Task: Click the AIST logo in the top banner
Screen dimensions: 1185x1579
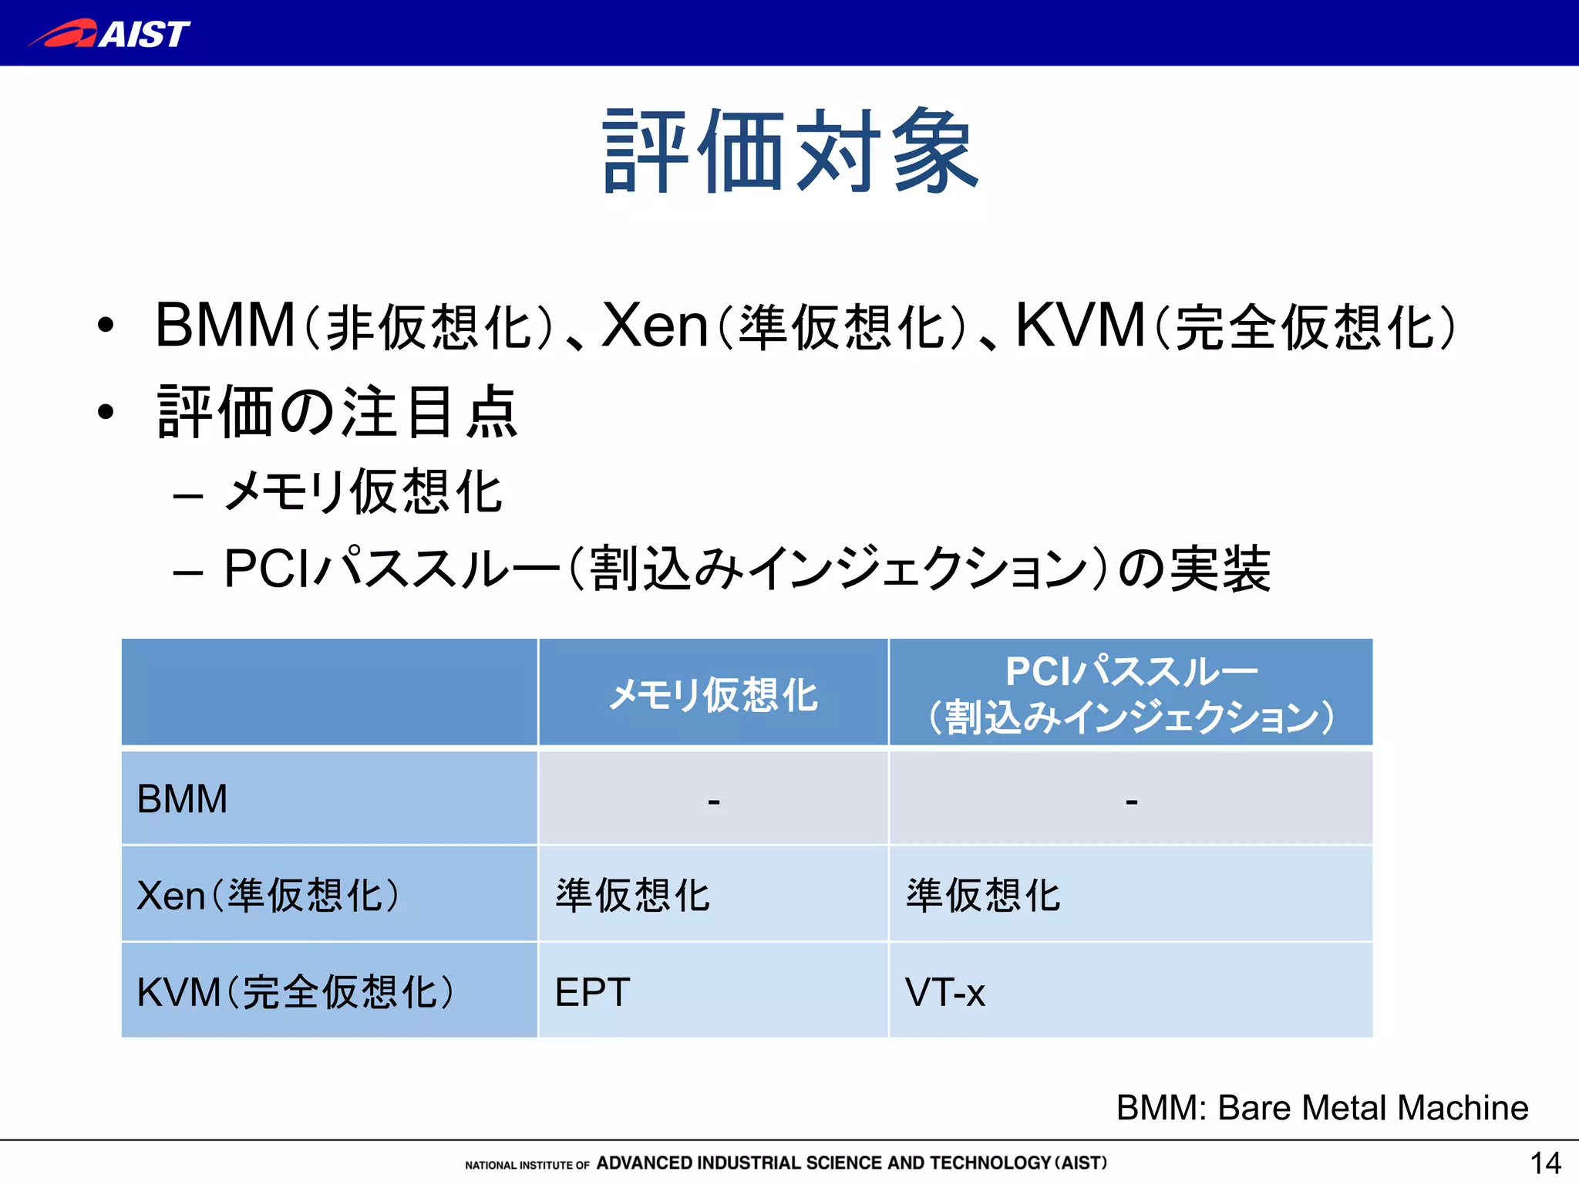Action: (109, 34)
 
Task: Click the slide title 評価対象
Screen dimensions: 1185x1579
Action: (789, 151)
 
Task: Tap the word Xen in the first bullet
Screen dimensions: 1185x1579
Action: (654, 326)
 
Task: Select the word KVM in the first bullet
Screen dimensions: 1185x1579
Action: (1079, 326)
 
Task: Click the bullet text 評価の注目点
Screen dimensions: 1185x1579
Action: (338, 412)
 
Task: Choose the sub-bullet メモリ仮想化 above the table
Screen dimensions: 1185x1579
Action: (362, 491)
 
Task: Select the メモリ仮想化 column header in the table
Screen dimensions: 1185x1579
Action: (713, 694)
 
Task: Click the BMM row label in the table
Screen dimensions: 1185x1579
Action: (183, 798)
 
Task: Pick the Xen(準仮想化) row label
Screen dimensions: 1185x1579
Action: (268, 896)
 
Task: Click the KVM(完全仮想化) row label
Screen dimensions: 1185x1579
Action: (295, 992)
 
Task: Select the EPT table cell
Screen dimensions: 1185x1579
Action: (592, 992)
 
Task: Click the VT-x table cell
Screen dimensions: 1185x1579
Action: (945, 992)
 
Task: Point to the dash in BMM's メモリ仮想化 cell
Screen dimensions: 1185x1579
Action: (714, 802)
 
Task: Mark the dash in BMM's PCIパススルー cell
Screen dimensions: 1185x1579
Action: (1131, 802)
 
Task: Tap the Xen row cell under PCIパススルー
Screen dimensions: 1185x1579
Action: (983, 896)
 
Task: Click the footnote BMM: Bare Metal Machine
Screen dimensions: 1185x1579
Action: (1321, 1108)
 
